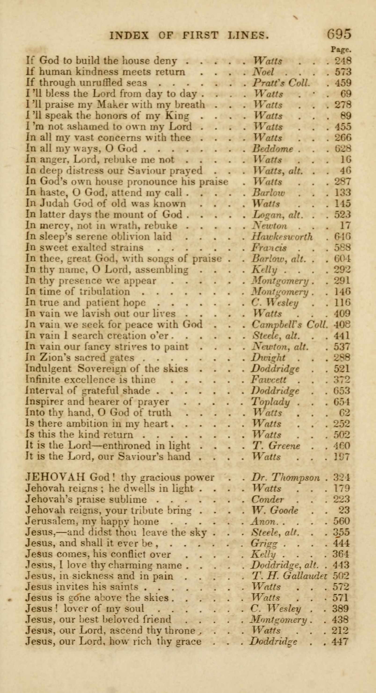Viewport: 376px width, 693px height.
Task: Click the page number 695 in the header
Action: [x=339, y=35]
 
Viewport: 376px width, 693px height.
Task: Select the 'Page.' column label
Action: [x=341, y=50]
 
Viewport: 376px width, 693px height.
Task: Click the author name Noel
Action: [x=263, y=72]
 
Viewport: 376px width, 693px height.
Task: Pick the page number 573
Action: [x=343, y=72]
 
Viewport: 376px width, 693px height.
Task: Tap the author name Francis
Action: [x=269, y=248]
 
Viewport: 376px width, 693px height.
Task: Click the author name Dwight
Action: [x=268, y=358]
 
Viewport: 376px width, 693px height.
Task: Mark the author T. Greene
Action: [x=276, y=446]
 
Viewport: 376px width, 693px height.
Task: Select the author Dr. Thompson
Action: [x=285, y=477]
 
